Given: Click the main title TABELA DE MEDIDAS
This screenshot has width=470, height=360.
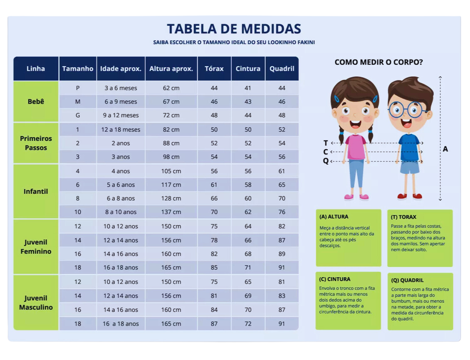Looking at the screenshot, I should [234, 29].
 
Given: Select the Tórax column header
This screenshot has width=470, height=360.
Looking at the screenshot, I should [214, 69].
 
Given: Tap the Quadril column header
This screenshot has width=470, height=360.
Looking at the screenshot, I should [282, 69].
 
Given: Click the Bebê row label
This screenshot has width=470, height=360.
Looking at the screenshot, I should [36, 101].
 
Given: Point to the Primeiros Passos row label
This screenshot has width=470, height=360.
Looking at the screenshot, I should [36, 143].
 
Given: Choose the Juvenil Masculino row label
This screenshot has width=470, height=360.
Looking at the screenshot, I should [36, 303].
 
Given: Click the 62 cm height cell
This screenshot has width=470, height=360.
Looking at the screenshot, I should [171, 88].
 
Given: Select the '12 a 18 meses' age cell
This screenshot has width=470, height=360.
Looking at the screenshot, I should [121, 130].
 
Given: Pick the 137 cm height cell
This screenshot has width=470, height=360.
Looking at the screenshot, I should [171, 212].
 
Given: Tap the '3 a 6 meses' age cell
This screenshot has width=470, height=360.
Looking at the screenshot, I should [121, 88].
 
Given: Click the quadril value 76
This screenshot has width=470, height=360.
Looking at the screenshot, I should [282, 212].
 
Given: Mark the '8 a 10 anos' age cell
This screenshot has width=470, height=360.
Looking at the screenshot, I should [121, 212].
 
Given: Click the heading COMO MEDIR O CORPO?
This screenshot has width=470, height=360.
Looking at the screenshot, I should [378, 62].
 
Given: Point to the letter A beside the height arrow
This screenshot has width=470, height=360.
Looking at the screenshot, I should [445, 149].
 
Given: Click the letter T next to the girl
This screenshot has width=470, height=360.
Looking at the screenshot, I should [326, 143].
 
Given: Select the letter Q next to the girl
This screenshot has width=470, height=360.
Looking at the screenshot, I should [326, 161].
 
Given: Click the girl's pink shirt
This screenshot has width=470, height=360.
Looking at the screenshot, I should [356, 147].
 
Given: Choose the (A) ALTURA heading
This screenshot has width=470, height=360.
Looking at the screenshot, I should [334, 217].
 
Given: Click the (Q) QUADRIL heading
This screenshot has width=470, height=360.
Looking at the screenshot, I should [407, 280].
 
